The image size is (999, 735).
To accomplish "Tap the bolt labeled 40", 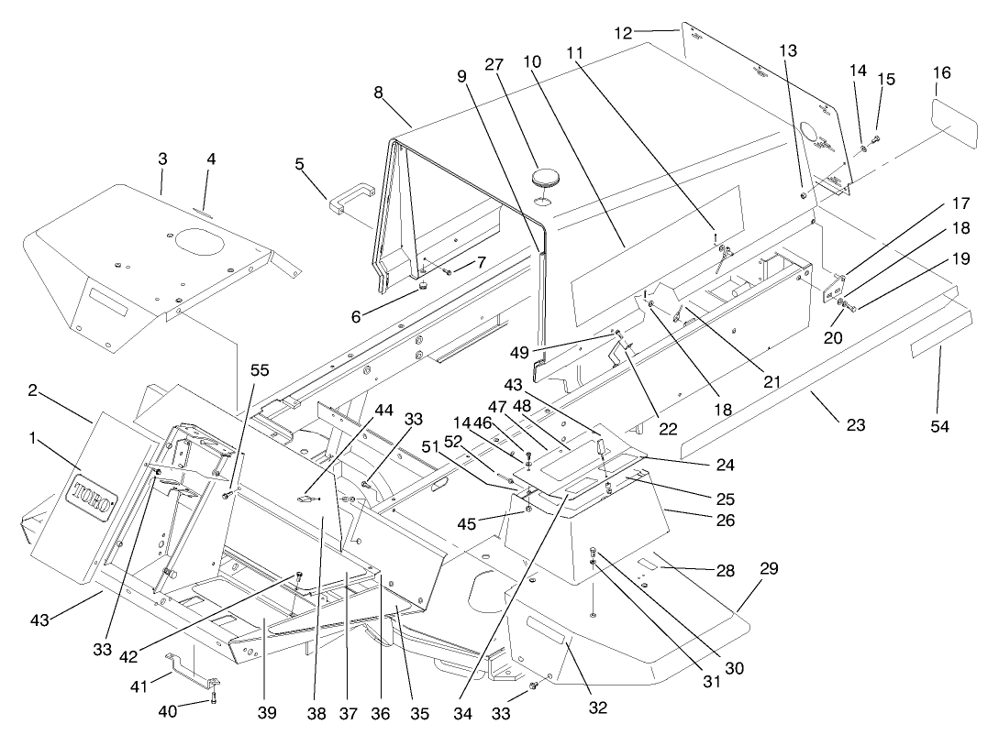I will (214, 698).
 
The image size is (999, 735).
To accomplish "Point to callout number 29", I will (769, 568).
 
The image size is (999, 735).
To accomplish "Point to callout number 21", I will (771, 380).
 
